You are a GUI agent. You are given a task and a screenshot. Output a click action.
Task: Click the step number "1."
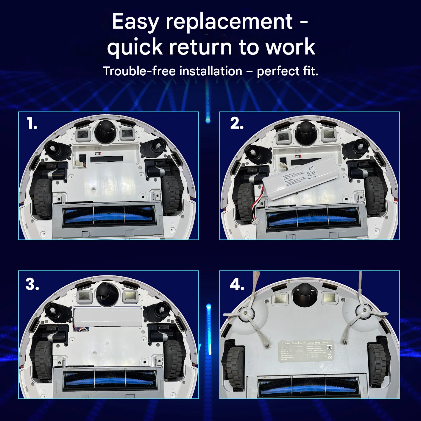coord(32,123)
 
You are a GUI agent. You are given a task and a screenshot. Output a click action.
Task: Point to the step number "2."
coord(237,123)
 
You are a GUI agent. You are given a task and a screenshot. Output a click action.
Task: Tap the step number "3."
coord(32,284)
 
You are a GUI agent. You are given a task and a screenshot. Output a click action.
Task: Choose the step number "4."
coord(237,284)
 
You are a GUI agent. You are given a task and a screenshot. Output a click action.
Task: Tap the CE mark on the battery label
coord(311,168)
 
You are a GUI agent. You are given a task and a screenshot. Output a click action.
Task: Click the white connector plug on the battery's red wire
coord(255,222)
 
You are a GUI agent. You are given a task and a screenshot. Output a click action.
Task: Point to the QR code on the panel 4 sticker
coord(329,347)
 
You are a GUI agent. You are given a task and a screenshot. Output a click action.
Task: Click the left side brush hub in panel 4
coord(246,313)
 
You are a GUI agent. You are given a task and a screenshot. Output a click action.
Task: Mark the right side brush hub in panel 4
coord(364,311)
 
